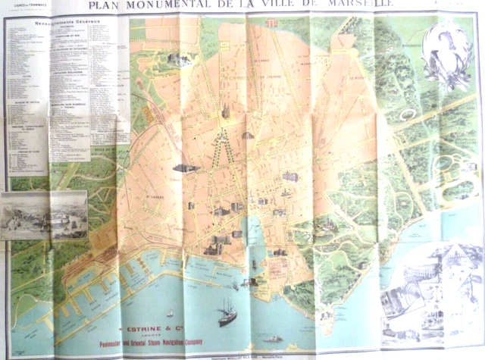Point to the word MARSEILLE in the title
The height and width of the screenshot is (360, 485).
[367, 5]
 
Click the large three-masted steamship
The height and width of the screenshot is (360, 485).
[227, 311]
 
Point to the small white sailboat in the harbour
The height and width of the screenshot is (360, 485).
[170, 311]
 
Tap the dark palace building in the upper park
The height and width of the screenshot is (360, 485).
[179, 59]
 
